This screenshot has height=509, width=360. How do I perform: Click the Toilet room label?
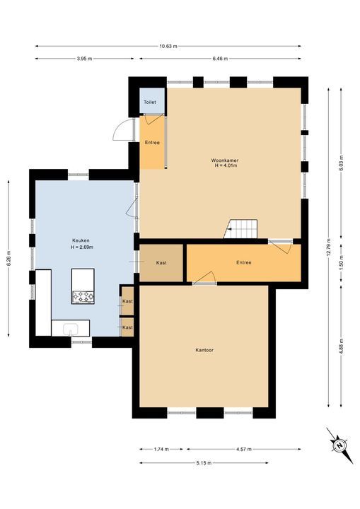pyautogui.click(x=150, y=102)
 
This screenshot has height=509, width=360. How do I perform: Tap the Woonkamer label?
pyautogui.click(x=224, y=160)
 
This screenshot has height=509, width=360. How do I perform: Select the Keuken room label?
pyautogui.click(x=81, y=240)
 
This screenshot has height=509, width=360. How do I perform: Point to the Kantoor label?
pyautogui.click(x=204, y=350)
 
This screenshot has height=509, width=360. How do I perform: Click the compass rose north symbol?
pyautogui.click(x=339, y=445)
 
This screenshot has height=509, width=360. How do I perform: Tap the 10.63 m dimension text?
pyautogui.click(x=168, y=46)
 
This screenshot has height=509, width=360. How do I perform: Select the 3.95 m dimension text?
pyautogui.click(x=84, y=59)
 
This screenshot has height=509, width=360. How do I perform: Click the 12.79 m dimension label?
pyautogui.click(x=329, y=247)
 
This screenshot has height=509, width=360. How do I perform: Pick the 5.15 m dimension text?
pyautogui.click(x=204, y=463)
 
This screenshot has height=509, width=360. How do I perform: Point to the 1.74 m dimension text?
pyautogui.click(x=161, y=450)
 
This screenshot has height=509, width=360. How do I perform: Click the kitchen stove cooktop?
pyautogui.click(x=83, y=297)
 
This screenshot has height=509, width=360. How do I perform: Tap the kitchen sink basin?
pyautogui.click(x=70, y=329)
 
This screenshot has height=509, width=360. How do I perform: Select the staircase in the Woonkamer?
pyautogui.click(x=240, y=229)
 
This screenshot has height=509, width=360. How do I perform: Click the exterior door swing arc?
pyautogui.click(x=120, y=129)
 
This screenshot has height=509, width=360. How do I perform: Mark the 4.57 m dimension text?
pyautogui.click(x=244, y=450)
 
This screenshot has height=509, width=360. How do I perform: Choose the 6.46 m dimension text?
pyautogui.click(x=220, y=59)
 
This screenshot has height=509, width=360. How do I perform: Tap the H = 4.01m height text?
pyautogui.click(x=224, y=165)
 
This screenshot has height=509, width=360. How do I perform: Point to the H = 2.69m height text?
pyautogui.click(x=82, y=247)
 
